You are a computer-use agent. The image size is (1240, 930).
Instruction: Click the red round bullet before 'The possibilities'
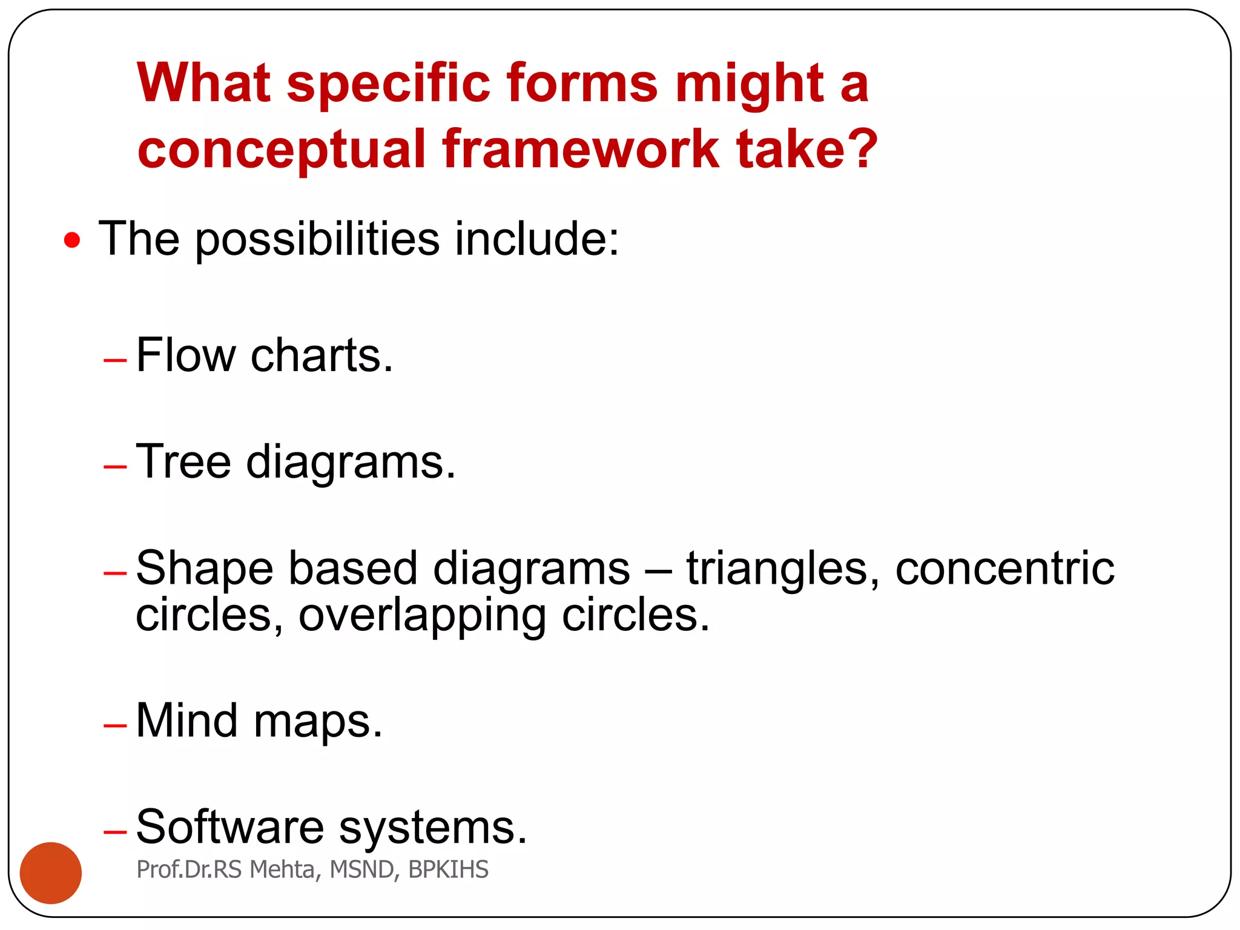click(72, 241)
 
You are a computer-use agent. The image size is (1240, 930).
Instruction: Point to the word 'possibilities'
click(317, 240)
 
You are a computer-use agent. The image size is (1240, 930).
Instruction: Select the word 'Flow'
click(185, 355)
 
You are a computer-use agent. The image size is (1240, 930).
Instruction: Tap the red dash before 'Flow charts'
click(115, 360)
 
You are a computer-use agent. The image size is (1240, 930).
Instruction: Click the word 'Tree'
click(183, 462)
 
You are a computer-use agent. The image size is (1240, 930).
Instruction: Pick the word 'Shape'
click(205, 569)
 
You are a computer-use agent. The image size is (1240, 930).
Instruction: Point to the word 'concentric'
click(1004, 569)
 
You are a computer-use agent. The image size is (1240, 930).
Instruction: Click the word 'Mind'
click(186, 721)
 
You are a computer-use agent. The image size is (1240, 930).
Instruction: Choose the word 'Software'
click(230, 827)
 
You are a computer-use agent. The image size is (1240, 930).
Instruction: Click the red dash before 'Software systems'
click(115, 832)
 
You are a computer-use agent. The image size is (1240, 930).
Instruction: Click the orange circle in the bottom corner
click(51, 872)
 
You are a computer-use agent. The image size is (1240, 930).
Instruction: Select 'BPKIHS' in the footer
click(448, 869)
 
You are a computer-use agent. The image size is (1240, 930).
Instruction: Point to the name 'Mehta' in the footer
click(282, 869)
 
